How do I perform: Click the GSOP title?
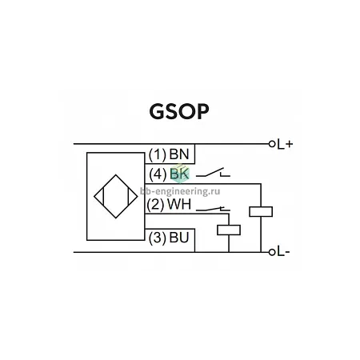[179, 111]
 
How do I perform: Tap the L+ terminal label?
[285, 144]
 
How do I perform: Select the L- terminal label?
[283, 252]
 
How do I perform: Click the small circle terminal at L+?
[272, 144]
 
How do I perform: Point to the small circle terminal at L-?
[272, 252]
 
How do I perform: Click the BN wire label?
[179, 154]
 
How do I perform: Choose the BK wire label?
[179, 174]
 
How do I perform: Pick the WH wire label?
[179, 205]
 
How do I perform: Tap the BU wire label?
[179, 238]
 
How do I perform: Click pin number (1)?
[158, 154]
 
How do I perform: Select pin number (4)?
[158, 174]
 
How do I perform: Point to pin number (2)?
[155, 205]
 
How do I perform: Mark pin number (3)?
[158, 238]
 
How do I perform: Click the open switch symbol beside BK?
[213, 172]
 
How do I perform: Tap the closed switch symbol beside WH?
[213, 209]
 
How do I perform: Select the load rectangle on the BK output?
[261, 212]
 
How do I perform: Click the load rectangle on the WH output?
[229, 230]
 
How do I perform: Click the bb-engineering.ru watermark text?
[180, 191]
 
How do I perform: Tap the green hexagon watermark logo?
[180, 174]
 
